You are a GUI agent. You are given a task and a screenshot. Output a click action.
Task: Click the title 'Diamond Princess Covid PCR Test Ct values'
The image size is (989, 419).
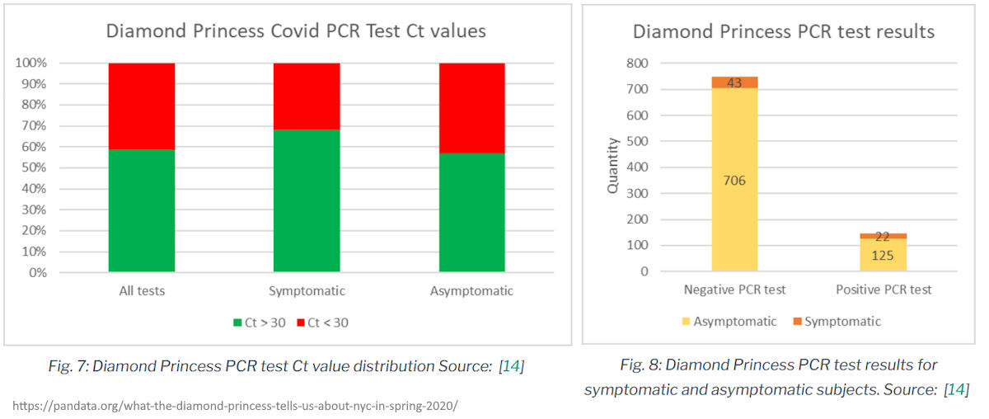tap(295, 31)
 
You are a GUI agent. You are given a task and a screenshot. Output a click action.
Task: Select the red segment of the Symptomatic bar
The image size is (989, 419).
tap(307, 96)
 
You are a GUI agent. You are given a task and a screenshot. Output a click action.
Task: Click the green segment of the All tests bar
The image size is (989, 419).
tap(142, 210)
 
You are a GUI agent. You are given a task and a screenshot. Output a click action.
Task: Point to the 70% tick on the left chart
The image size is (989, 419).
tap(32, 126)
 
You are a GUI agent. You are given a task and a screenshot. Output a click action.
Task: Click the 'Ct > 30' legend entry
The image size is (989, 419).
tap(260, 322)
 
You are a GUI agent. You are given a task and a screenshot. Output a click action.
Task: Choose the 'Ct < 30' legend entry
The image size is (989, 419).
tap(322, 322)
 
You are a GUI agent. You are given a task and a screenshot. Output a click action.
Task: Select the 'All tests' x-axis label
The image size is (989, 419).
tap(142, 291)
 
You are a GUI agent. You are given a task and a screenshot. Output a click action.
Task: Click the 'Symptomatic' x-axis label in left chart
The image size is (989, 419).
tap(307, 291)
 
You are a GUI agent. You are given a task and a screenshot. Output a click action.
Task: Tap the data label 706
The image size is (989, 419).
tap(734, 181)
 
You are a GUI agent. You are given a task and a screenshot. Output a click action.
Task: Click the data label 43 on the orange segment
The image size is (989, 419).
tap(734, 82)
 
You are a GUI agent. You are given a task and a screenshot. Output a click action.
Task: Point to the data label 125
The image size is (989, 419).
tap(884, 255)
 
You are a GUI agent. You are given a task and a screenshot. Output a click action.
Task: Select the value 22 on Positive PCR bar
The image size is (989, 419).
tap(884, 237)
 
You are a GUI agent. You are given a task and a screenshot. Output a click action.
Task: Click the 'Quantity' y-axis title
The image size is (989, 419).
tap(612, 167)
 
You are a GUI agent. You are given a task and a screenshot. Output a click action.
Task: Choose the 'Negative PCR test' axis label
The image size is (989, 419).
tap(734, 290)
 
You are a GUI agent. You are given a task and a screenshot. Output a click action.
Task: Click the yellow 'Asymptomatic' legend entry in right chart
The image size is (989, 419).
tap(728, 321)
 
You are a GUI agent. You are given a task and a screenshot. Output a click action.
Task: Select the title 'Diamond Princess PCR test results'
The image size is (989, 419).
tap(783, 31)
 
